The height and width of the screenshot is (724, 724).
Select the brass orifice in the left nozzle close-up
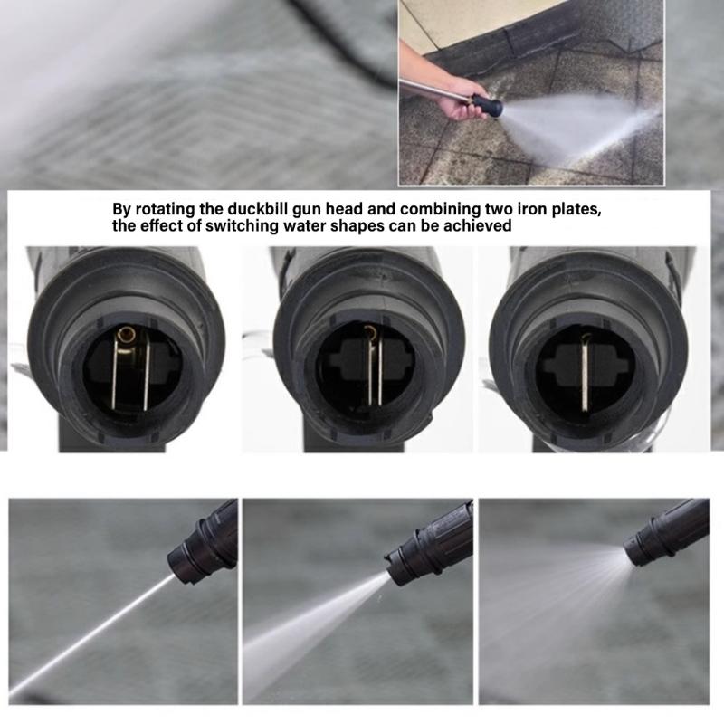pyautogui.click(x=126, y=335)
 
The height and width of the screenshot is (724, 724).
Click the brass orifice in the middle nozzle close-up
pyautogui.click(x=369, y=332)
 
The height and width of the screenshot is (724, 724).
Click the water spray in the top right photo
pyautogui.click(x=579, y=127)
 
